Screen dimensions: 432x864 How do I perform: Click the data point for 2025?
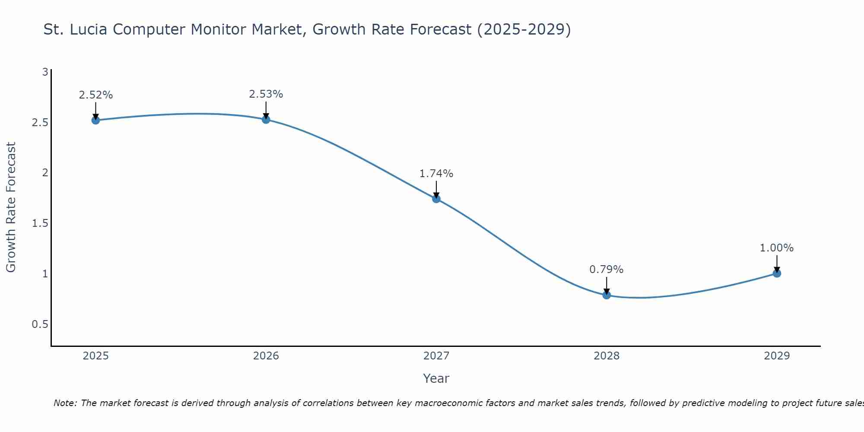pyautogui.click(x=95, y=120)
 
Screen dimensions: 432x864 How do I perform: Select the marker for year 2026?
pyautogui.click(x=266, y=119)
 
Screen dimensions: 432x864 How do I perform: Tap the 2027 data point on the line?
pyautogui.click(x=436, y=199)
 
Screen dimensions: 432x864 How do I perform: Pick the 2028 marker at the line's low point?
pyautogui.click(x=607, y=295)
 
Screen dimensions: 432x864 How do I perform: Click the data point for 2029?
pyautogui.click(x=777, y=273)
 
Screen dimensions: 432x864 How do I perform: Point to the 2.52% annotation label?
pyautogui.click(x=95, y=95)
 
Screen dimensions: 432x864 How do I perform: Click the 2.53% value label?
pyautogui.click(x=266, y=94)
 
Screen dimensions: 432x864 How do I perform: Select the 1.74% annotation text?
pyautogui.click(x=436, y=174)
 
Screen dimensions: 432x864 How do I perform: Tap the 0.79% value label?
pyautogui.click(x=607, y=270)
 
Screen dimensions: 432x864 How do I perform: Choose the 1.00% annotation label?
pyautogui.click(x=777, y=248)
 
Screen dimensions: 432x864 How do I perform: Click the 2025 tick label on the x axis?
pyautogui.click(x=95, y=356)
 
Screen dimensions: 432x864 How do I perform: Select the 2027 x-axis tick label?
pyautogui.click(x=436, y=356)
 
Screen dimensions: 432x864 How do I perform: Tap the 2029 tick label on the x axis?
pyautogui.click(x=777, y=356)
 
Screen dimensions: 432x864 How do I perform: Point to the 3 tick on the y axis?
pyautogui.click(x=45, y=72)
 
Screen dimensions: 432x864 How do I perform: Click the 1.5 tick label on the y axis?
pyautogui.click(x=40, y=223)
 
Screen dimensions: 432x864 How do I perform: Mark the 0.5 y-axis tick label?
pyautogui.click(x=40, y=324)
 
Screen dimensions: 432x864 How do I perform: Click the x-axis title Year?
pyautogui.click(x=436, y=378)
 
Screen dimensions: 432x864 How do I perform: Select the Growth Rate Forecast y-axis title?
pyautogui.click(x=11, y=207)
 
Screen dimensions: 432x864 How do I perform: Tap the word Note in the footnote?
pyautogui.click(x=65, y=403)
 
